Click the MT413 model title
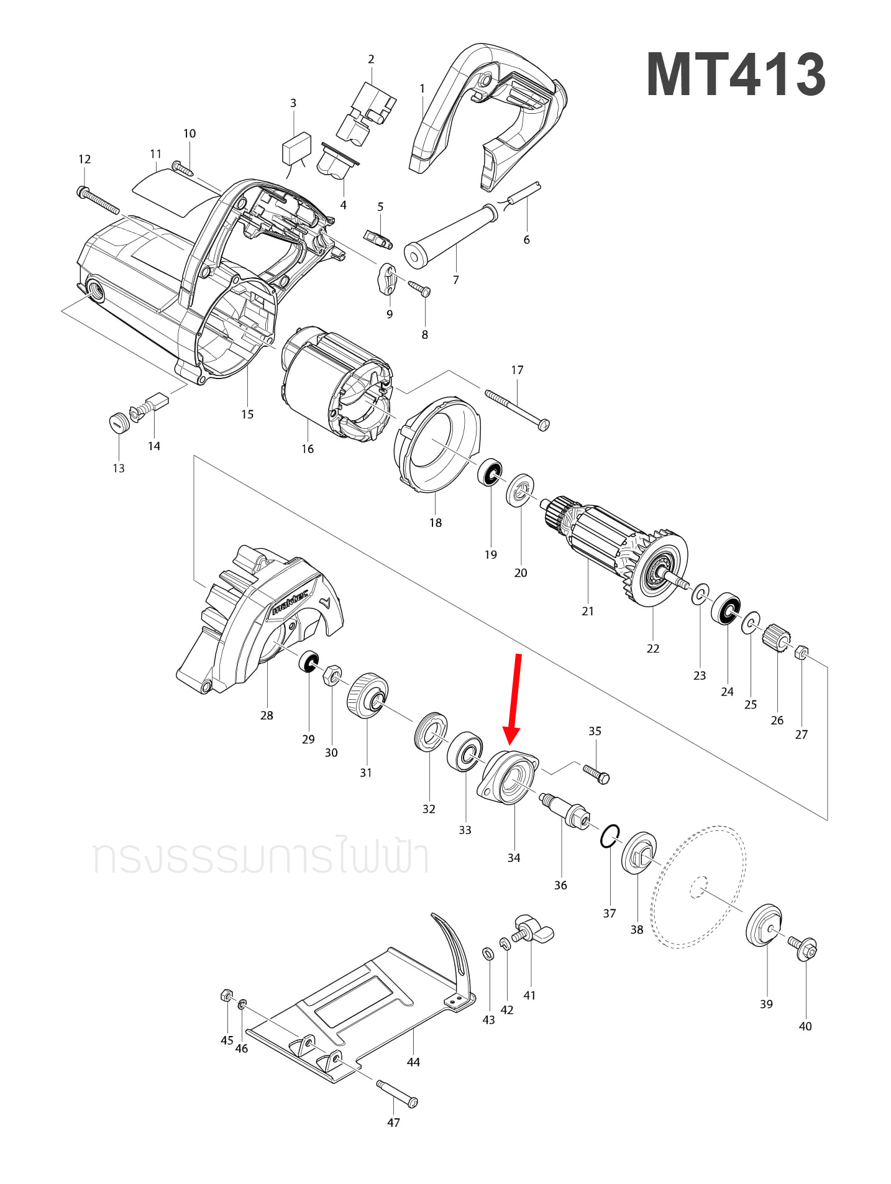(736, 75)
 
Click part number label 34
(513, 858)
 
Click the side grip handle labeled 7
(450, 236)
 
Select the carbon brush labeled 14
(157, 402)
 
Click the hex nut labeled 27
(802, 653)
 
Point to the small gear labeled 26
(777, 638)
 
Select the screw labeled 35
(596, 774)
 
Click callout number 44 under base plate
(413, 1062)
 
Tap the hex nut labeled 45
(227, 995)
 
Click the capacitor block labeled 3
(296, 149)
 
